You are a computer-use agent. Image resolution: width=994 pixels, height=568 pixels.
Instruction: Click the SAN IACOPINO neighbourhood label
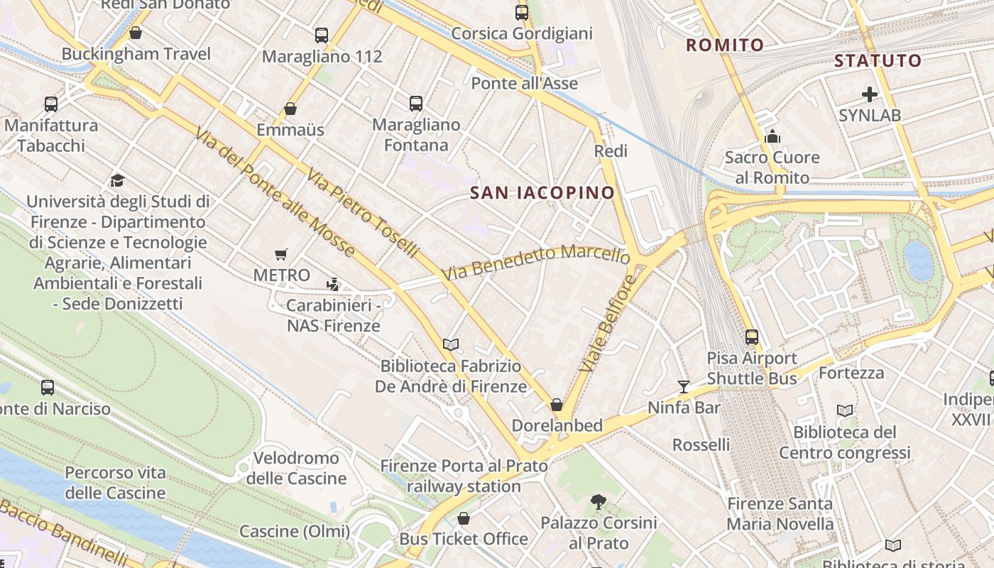coord(542,192)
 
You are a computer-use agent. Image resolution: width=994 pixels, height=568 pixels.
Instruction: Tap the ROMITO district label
coord(725,45)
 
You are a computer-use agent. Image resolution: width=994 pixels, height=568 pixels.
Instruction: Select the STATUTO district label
coord(878,60)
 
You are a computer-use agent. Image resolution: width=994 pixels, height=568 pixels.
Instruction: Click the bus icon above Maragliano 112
coord(322,35)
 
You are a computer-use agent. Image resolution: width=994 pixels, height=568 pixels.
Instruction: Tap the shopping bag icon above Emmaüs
coord(290,109)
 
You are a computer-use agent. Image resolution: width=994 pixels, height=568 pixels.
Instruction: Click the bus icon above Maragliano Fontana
coord(416,103)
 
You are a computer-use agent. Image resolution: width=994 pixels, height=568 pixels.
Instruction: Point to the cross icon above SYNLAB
coord(870,94)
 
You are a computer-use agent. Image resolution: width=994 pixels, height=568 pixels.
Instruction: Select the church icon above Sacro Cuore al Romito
coord(772,136)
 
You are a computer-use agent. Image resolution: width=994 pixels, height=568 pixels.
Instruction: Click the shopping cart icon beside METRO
coord(281,254)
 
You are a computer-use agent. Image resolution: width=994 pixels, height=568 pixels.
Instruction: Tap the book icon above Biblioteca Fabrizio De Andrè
coord(450,344)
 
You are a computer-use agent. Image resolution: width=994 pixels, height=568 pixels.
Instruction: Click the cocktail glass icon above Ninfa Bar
coord(684,386)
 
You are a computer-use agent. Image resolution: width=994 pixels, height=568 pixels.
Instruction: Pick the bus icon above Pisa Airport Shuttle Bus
coord(752,337)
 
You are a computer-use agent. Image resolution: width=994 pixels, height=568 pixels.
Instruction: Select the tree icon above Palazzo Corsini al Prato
coord(599,502)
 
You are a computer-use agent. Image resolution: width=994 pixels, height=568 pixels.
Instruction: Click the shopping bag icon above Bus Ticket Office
coord(464,518)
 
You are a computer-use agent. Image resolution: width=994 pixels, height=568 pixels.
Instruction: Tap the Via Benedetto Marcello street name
coord(535,262)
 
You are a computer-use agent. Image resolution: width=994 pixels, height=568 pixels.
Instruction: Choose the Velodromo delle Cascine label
coord(296,468)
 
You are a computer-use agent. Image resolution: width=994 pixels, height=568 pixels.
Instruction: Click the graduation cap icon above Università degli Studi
coord(117,180)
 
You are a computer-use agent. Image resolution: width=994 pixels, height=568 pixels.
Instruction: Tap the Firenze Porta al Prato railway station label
coord(464,476)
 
